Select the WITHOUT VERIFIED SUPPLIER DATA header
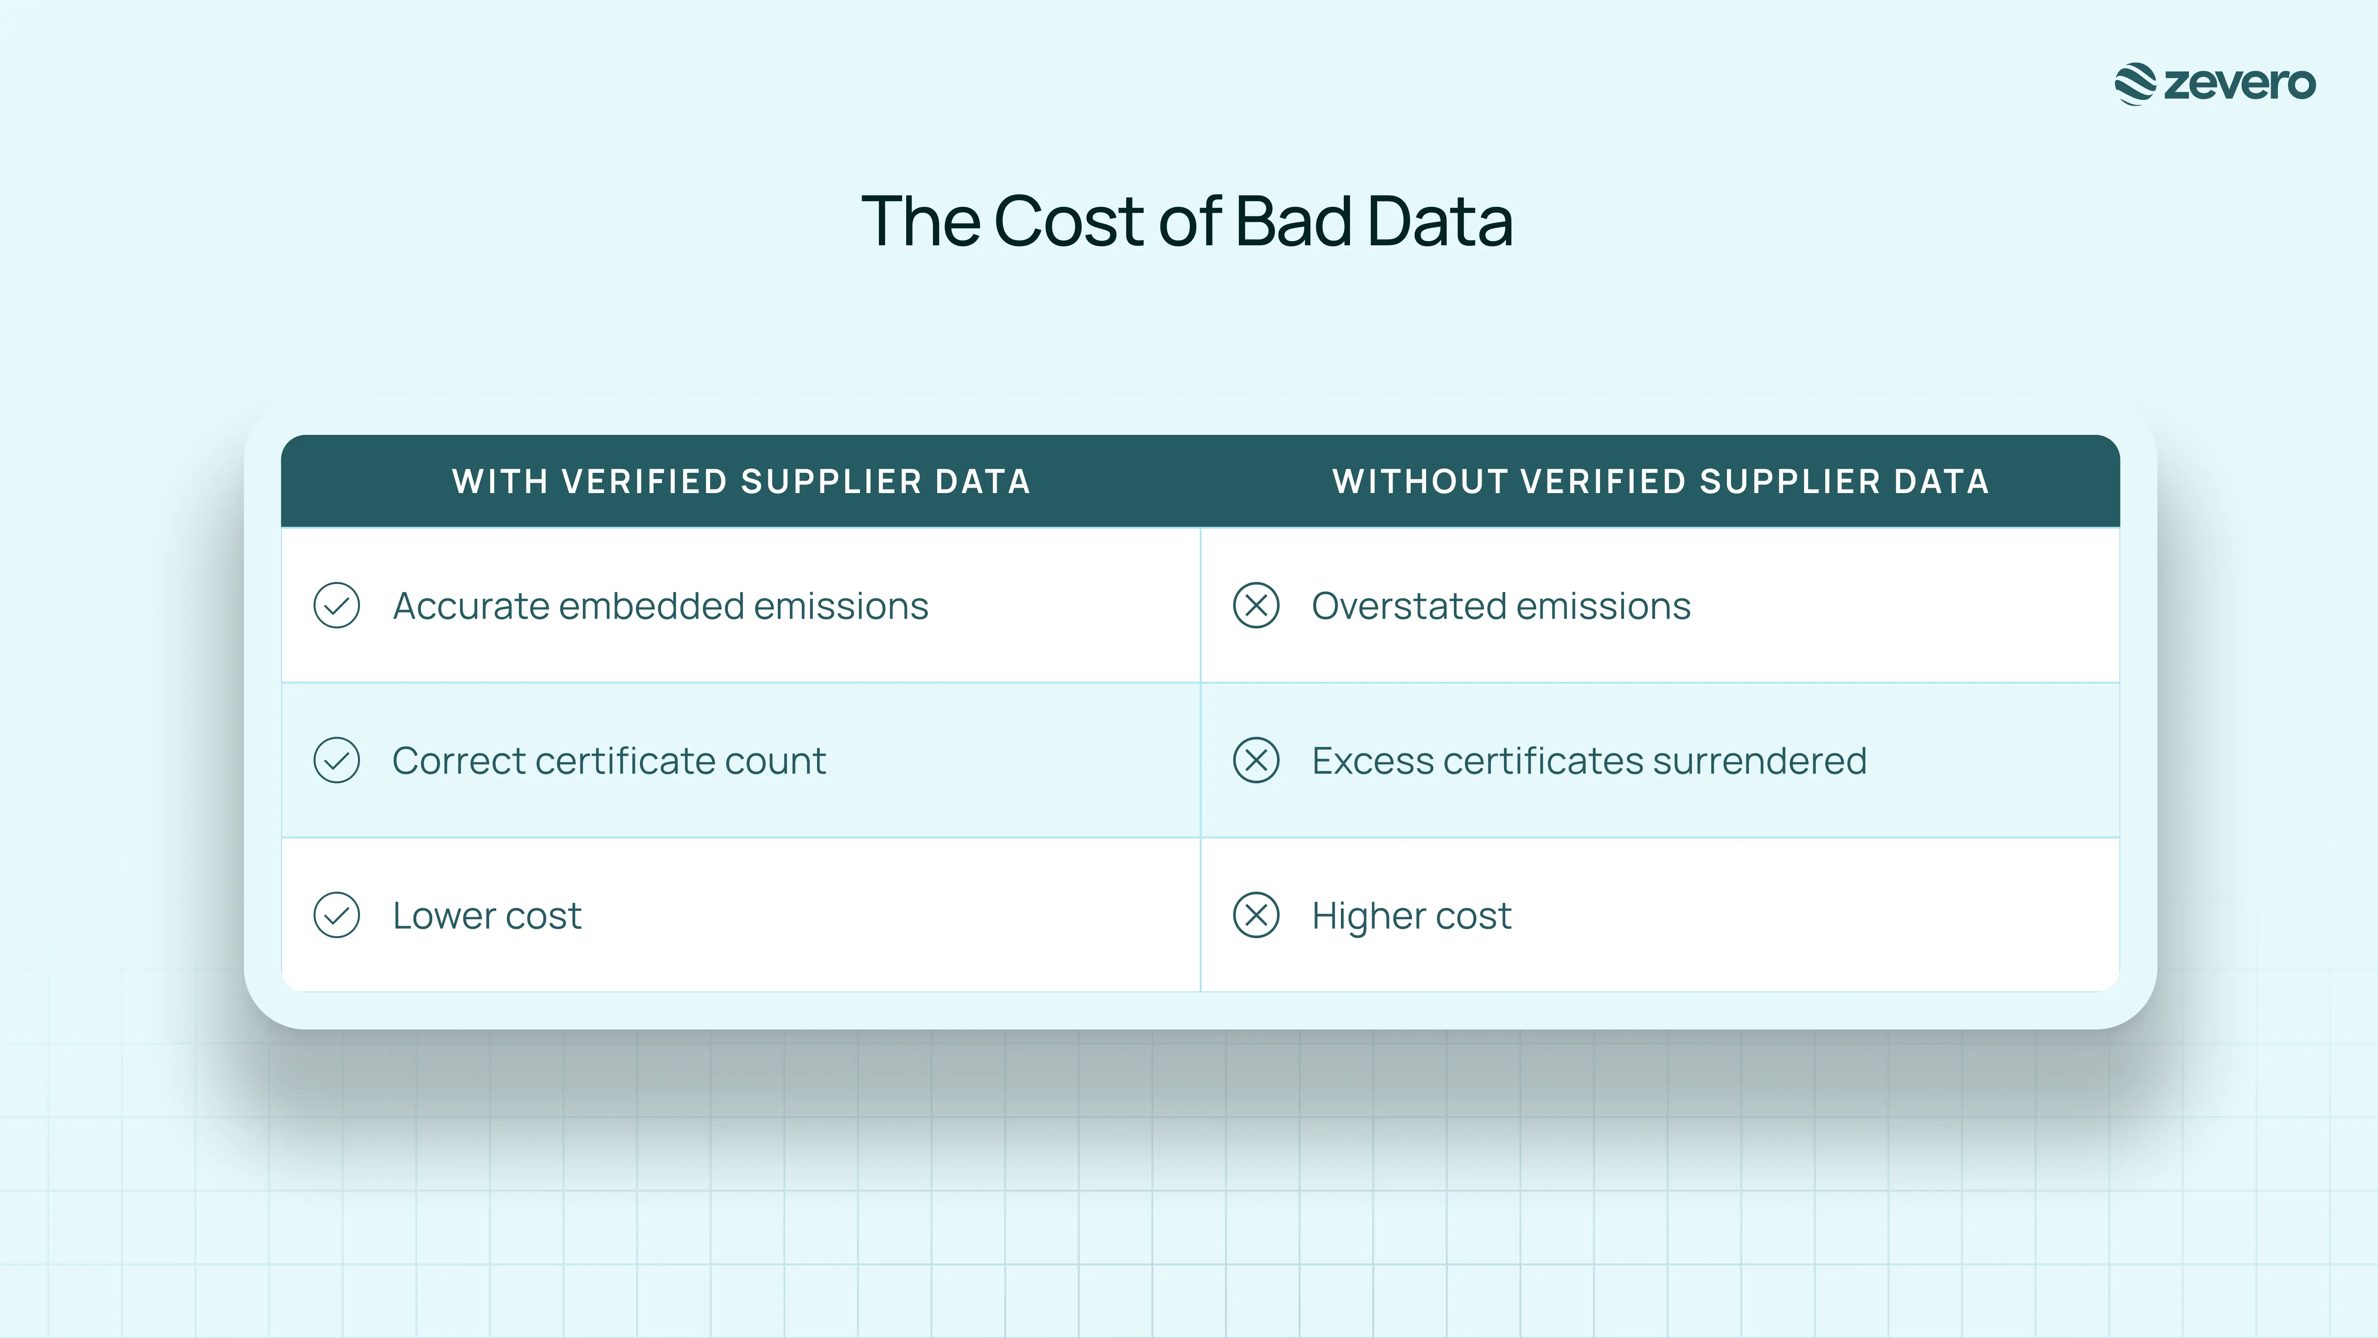(1660, 481)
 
